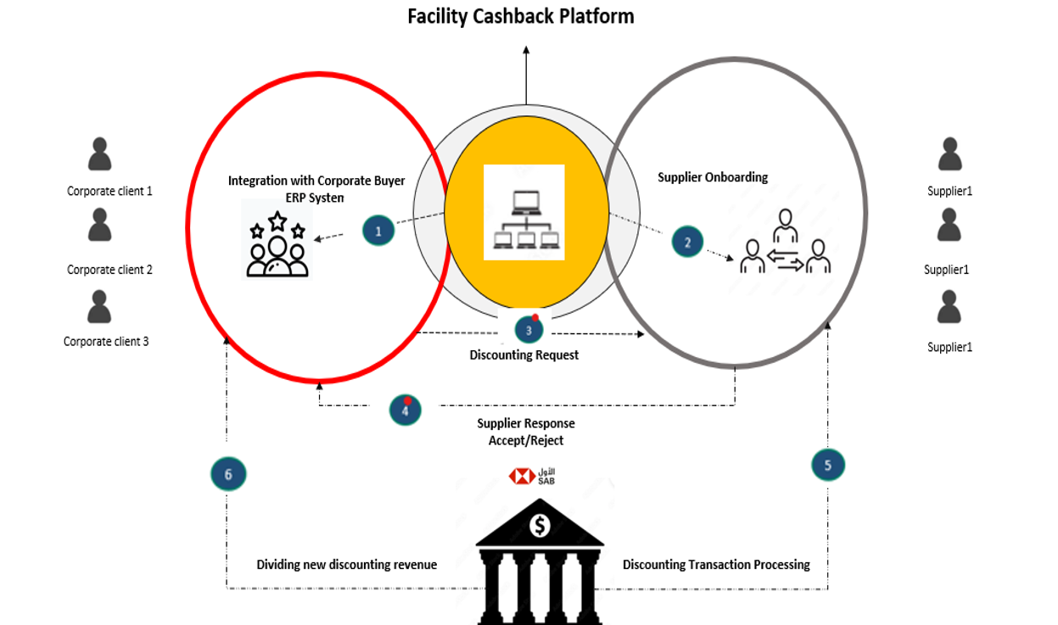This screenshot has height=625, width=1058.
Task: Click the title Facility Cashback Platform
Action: (520, 16)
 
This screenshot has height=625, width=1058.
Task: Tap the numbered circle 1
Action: (378, 230)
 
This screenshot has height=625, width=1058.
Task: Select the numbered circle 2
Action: (687, 243)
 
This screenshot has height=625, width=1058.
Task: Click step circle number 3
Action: (529, 330)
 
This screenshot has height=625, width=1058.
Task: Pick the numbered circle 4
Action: (406, 410)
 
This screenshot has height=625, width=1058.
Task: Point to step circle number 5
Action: (828, 464)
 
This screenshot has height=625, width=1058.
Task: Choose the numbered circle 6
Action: (228, 474)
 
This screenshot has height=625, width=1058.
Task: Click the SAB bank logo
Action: (532, 477)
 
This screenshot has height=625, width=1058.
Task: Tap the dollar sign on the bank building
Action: (540, 526)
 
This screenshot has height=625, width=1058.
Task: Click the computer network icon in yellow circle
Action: (524, 212)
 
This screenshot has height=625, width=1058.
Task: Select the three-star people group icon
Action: (277, 244)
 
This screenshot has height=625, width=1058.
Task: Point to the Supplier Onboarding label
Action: (713, 177)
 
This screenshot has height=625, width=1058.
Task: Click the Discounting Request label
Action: (524, 355)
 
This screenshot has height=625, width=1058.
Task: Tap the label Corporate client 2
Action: (109, 270)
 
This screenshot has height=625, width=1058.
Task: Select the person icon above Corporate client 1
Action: (100, 154)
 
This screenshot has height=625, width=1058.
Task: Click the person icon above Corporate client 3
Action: (100, 307)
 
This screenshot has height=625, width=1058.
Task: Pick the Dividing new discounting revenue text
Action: (346, 565)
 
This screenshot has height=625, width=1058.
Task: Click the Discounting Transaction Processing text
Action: (716, 565)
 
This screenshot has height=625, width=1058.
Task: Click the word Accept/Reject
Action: (526, 441)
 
